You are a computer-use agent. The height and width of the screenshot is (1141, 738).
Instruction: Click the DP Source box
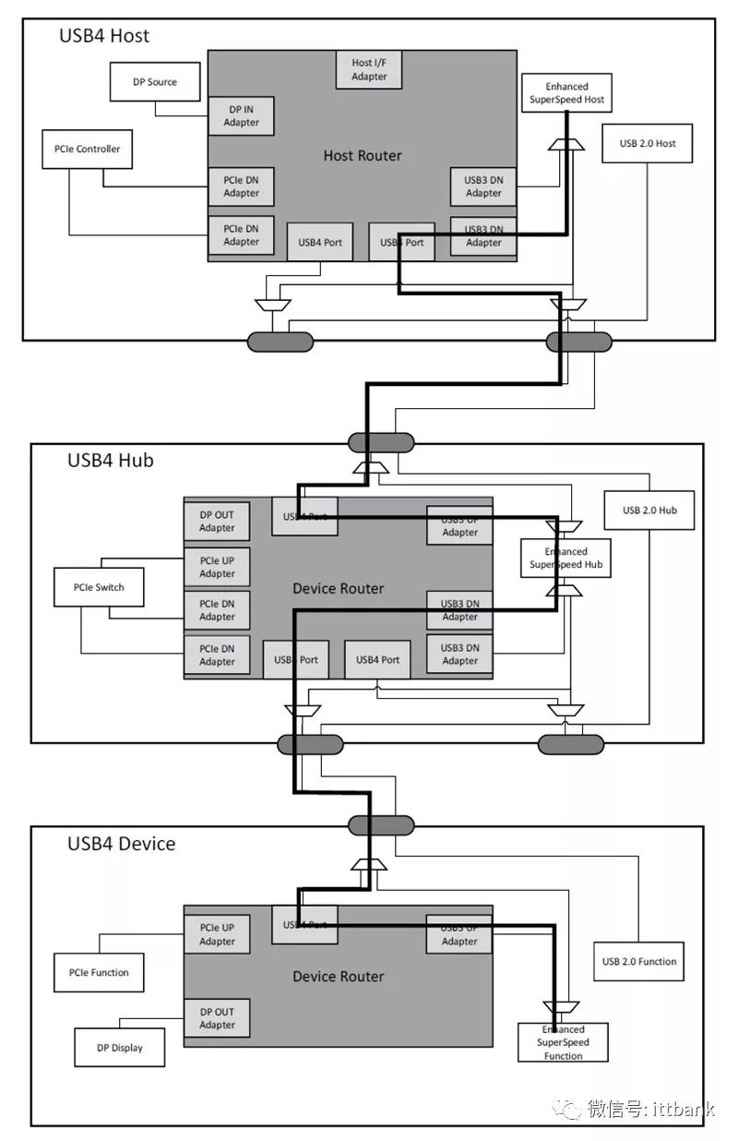pos(154,81)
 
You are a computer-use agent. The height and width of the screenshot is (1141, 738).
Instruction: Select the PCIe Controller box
pos(87,149)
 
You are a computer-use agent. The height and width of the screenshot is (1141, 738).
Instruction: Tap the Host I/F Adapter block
pos(369,70)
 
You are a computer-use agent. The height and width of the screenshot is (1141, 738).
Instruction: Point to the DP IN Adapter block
pos(241,116)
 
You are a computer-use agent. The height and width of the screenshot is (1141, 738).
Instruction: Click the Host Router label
pos(363,155)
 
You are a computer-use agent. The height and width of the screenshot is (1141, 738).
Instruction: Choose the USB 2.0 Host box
pos(647,143)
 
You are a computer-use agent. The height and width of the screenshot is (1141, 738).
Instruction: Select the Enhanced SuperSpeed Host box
pos(566,93)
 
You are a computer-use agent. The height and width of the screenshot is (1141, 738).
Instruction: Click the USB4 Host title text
pos(104,36)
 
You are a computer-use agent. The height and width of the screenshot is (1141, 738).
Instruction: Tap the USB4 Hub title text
pos(110,460)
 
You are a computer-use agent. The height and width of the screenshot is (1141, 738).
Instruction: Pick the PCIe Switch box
pos(99,587)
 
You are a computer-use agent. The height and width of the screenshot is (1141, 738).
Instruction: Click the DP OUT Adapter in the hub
pos(217,522)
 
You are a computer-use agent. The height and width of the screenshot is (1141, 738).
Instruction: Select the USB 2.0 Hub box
pos(649,510)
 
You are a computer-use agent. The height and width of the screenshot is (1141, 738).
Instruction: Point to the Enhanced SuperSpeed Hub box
pos(565,558)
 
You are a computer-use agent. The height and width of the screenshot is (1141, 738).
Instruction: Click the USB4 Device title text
pos(121,843)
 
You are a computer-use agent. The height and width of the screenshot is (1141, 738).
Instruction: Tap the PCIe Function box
pos(99,972)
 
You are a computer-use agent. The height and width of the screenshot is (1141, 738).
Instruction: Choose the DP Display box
pos(119,1048)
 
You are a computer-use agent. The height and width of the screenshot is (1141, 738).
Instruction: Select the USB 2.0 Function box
pos(638,961)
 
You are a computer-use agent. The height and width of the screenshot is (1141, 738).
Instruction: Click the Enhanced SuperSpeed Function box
pos(563,1042)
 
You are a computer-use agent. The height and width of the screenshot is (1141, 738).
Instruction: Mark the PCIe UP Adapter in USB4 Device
pos(217,934)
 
